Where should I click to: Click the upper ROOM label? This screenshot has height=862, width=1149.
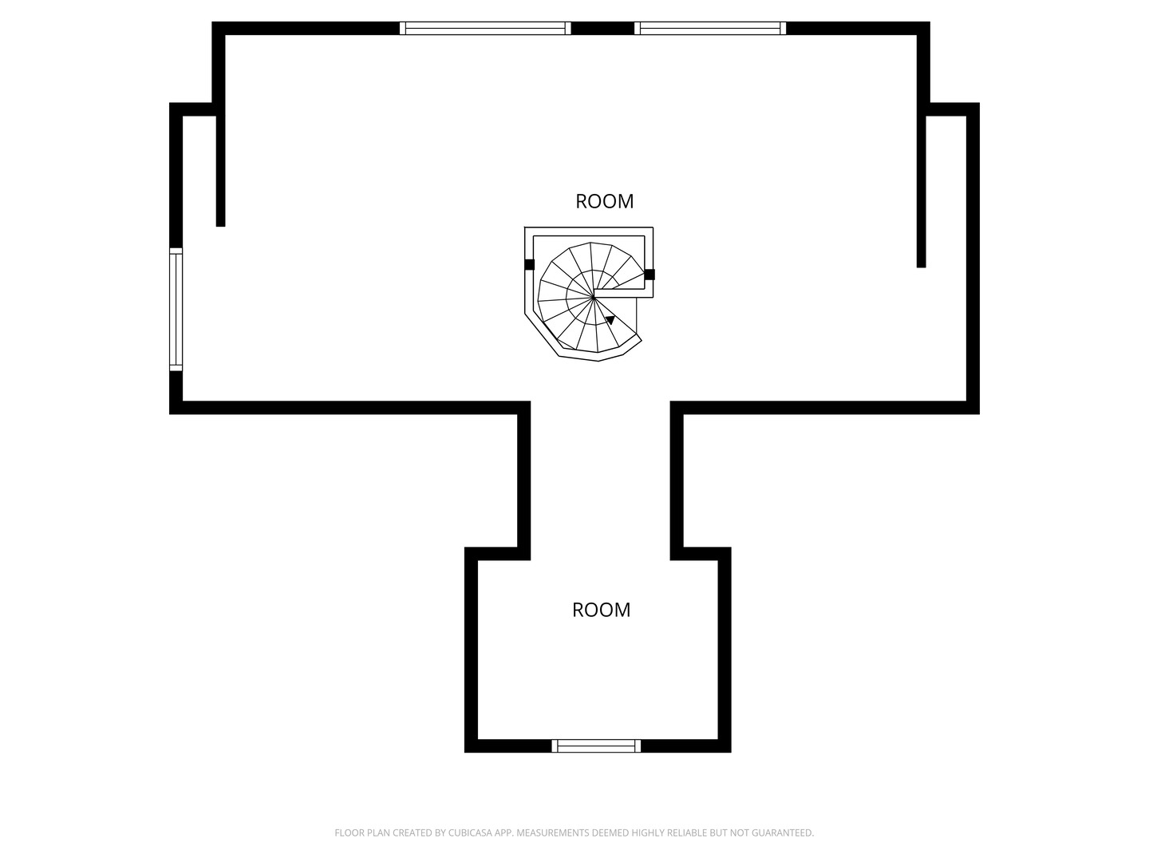pos(604,201)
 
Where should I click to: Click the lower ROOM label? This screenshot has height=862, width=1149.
pos(601,610)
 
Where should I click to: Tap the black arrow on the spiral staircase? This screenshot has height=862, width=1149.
pos(610,320)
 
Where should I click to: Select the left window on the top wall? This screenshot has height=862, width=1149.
pos(484,28)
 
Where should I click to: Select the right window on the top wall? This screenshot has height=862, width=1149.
pos(710,28)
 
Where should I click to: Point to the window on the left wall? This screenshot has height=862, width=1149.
pos(176,310)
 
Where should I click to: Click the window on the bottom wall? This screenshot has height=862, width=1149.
pos(596,745)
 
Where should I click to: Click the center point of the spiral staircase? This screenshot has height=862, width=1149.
pos(593,297)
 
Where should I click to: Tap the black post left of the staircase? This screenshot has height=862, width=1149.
pos(529,265)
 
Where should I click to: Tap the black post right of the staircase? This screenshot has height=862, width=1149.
pos(649,275)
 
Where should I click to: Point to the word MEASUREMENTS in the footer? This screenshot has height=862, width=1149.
pos(553,832)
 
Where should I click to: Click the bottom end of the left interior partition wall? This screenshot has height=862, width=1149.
pos(220,226)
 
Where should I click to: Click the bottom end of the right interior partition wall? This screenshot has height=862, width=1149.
pos(921,267)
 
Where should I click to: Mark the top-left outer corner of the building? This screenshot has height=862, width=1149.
pos(212,22)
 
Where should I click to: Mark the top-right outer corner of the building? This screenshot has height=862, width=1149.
pos(930,22)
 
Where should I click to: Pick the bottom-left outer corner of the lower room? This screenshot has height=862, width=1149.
pos(465,752)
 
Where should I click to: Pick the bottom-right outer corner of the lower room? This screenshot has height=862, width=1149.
pos(731,752)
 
